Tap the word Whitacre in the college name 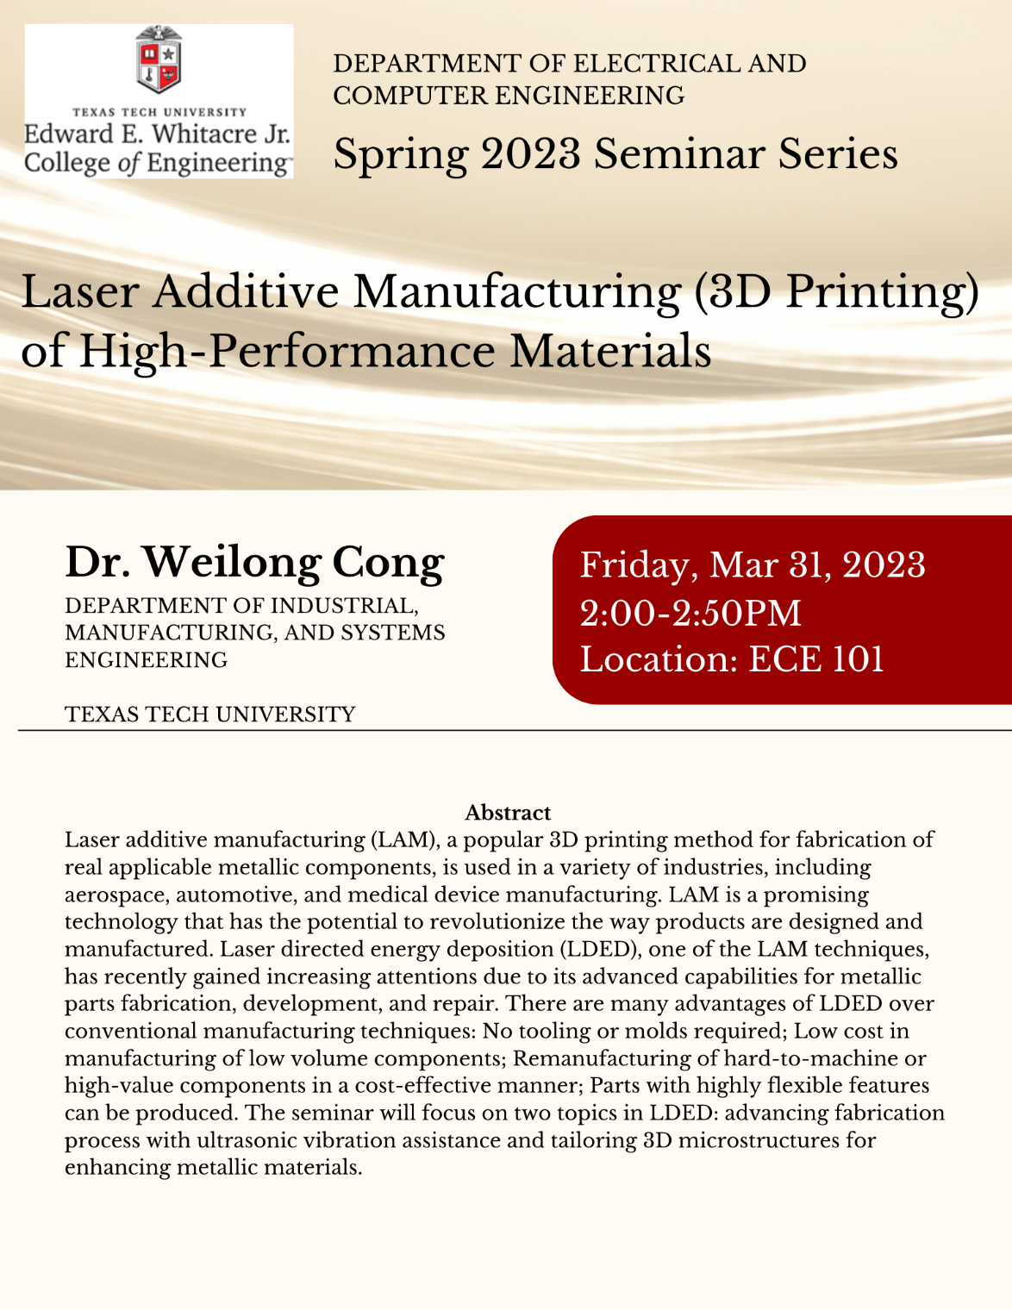pyautogui.click(x=204, y=134)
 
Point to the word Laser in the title pyautogui.click(x=79, y=291)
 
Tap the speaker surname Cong pyautogui.click(x=388, y=563)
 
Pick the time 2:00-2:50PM pyautogui.click(x=690, y=614)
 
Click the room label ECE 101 pyautogui.click(x=816, y=660)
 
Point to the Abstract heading pyautogui.click(x=508, y=813)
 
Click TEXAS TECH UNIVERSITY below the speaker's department pyautogui.click(x=210, y=714)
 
